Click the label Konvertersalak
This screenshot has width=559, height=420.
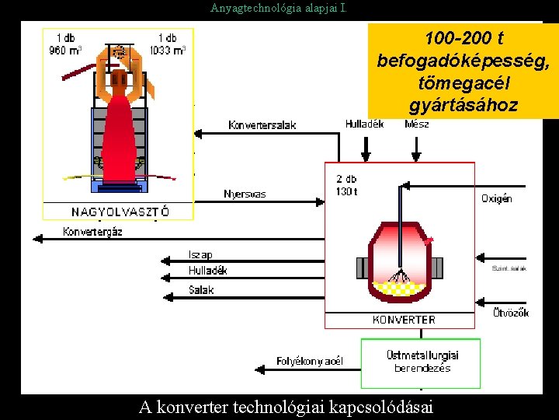(x=262, y=125)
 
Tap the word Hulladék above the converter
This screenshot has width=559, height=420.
(x=364, y=124)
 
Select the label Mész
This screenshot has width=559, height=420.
(x=417, y=124)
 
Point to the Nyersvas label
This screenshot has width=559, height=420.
(x=245, y=194)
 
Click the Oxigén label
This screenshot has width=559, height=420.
(x=497, y=198)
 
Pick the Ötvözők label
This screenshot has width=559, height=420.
(x=511, y=313)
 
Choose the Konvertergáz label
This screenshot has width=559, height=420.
(x=92, y=231)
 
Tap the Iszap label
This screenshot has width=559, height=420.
(x=200, y=254)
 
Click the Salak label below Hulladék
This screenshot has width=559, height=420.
(x=201, y=289)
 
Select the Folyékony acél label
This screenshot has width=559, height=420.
(x=309, y=361)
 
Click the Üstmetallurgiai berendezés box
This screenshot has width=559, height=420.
(x=422, y=362)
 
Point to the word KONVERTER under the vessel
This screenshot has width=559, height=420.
(x=404, y=320)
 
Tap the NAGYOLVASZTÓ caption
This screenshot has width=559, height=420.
(x=120, y=212)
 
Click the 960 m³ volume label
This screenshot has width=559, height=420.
(x=66, y=51)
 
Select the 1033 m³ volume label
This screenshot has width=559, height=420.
(x=167, y=51)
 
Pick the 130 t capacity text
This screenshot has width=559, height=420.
(x=346, y=191)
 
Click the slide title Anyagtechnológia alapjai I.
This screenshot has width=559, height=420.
(x=279, y=9)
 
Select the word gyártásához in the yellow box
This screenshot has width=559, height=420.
(x=463, y=105)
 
